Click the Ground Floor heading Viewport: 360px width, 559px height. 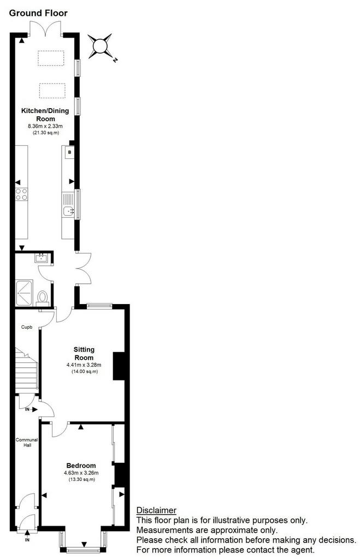(x=38, y=13)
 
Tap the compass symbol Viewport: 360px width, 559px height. (x=101, y=46)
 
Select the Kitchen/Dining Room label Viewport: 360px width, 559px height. (x=45, y=115)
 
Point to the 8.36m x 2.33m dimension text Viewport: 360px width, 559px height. (x=45, y=126)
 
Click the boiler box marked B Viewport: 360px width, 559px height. (x=69, y=152)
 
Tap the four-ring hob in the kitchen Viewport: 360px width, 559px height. (x=21, y=194)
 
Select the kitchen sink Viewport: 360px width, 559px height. (x=68, y=211)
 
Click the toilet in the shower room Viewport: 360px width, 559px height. (x=43, y=298)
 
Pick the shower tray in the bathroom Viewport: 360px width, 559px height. (x=24, y=293)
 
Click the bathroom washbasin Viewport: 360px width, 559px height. (x=42, y=258)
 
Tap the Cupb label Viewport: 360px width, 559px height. (x=27, y=327)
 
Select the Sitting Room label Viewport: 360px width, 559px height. (x=84, y=354)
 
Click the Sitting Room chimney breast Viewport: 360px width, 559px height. (x=119, y=366)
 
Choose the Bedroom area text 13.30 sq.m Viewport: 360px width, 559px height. (x=82, y=479)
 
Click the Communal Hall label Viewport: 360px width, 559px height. (x=27, y=442)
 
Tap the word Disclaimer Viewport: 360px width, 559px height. (x=156, y=510)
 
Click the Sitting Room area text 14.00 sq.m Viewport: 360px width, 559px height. (x=84, y=371)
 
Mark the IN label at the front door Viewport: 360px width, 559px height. (x=27, y=540)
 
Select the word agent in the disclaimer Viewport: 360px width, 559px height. (x=301, y=550)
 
